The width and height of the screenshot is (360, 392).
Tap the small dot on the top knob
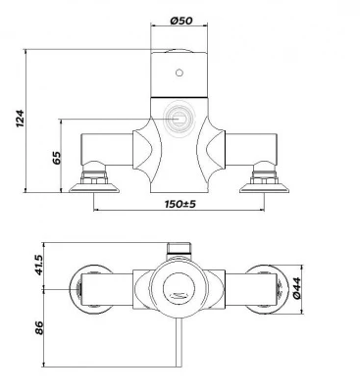[179, 73]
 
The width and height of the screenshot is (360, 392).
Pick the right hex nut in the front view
[265, 176]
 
